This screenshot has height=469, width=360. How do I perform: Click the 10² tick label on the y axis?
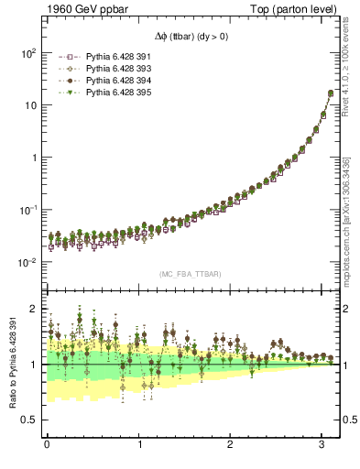tap(29, 53)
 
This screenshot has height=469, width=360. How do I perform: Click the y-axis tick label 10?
tap(30, 105)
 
